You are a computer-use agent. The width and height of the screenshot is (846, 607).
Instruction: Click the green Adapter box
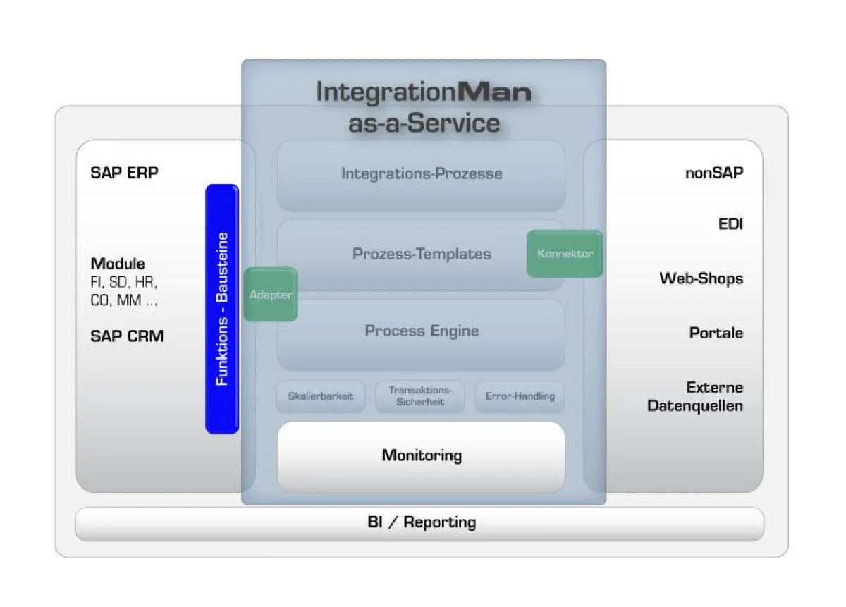click(x=271, y=295)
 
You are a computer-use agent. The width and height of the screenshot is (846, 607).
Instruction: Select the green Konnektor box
click(x=565, y=254)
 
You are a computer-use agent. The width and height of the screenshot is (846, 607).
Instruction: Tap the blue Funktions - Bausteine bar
click(x=222, y=309)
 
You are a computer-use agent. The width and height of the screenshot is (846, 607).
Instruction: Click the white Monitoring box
click(x=422, y=455)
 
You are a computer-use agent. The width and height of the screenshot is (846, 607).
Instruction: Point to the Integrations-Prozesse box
click(x=422, y=174)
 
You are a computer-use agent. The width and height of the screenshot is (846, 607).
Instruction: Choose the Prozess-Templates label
click(x=422, y=254)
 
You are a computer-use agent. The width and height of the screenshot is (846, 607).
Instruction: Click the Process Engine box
click(x=422, y=331)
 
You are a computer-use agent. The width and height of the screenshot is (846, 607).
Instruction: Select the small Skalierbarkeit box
click(x=321, y=396)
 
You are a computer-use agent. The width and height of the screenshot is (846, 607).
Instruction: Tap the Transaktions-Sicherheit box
click(x=420, y=396)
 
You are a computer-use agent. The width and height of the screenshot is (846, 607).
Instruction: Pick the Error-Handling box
click(x=520, y=396)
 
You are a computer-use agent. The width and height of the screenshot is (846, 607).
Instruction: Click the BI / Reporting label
click(x=422, y=522)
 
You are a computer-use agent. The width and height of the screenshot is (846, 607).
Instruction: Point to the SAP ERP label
click(x=125, y=173)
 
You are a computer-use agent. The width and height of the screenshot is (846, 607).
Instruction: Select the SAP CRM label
click(x=127, y=336)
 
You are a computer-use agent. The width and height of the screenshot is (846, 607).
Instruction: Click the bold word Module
click(x=118, y=264)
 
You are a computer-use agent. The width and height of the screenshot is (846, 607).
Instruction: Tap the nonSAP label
click(x=714, y=173)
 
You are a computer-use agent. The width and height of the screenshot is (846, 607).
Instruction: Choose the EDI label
click(x=730, y=225)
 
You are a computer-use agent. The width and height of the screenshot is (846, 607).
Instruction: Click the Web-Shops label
click(x=701, y=278)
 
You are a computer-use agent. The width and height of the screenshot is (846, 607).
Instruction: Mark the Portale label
click(x=716, y=333)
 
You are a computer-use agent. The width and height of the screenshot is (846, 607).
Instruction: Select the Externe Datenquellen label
click(x=696, y=397)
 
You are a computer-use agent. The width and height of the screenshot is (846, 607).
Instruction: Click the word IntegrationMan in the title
click(x=423, y=92)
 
